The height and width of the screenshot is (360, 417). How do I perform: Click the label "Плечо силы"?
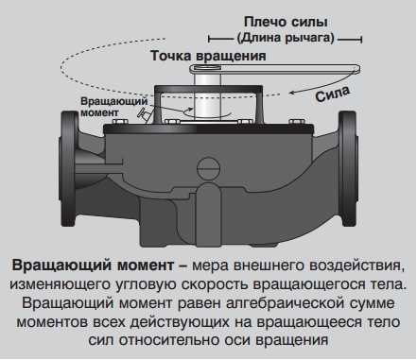tap(286, 22)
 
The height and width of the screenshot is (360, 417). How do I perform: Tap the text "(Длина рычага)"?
tap(286, 38)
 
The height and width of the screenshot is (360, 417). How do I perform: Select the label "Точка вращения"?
tap(208, 56)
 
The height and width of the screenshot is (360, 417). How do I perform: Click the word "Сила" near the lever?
tap(333, 94)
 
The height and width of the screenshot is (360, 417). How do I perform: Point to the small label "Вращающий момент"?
tap(114, 107)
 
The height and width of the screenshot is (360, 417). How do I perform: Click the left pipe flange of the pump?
tap(69, 168)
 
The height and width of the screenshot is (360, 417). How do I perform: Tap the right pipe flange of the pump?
tap(348, 168)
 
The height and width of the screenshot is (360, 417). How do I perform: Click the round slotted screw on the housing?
tap(208, 168)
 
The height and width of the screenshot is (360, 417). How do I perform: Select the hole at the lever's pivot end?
tap(207, 67)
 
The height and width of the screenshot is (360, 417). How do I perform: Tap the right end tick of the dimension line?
tap(361, 39)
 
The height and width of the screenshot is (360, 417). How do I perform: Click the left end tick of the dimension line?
tap(209, 39)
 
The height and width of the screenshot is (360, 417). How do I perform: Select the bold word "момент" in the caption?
tap(146, 266)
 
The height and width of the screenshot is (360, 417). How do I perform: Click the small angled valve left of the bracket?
tap(145, 113)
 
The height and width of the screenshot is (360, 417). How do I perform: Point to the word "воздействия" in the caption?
tap(356, 266)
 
